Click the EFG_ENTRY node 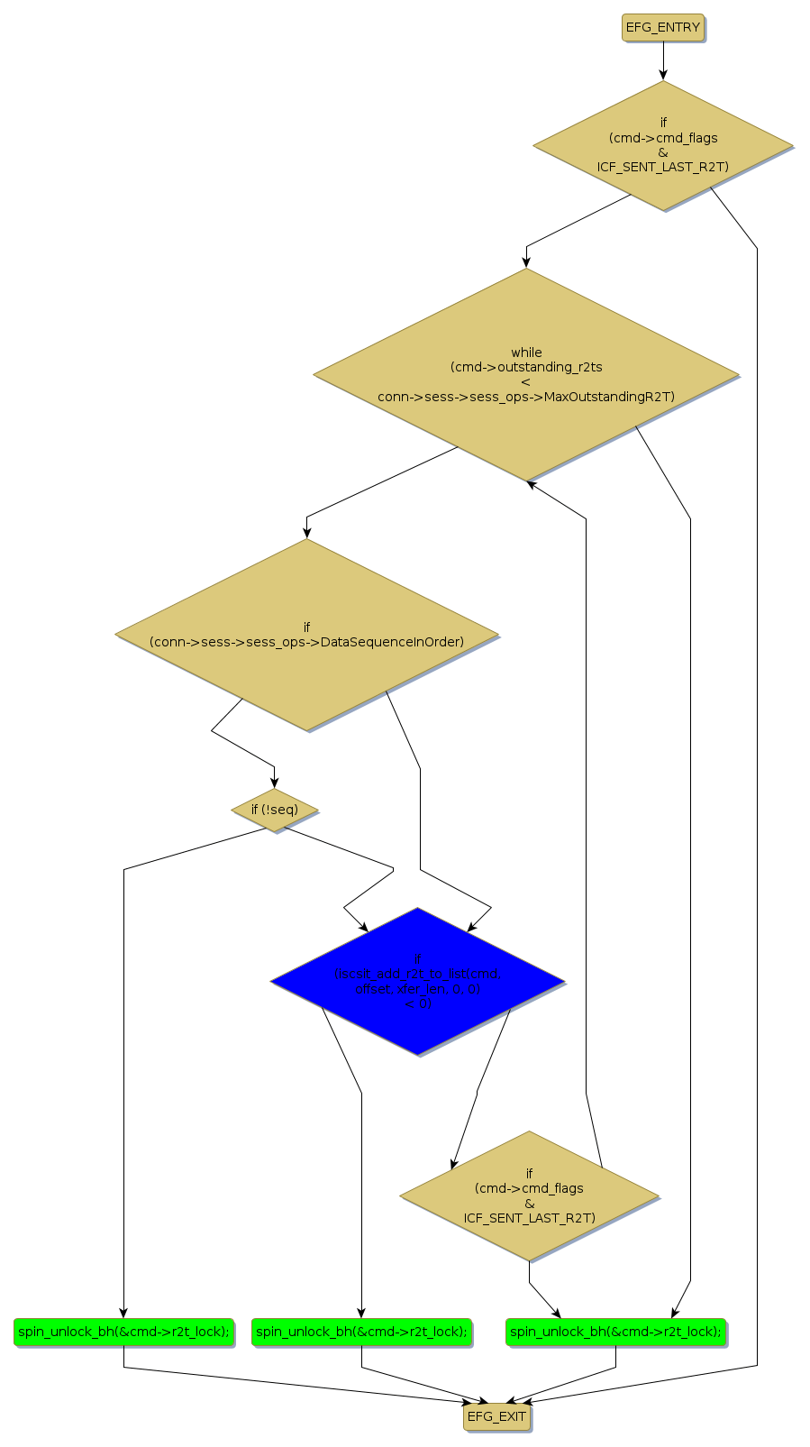662,27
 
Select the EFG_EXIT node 496,1416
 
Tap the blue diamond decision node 417,981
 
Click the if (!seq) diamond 274,810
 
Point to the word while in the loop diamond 526,353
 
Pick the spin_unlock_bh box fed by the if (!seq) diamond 123,1332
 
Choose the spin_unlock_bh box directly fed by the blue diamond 361,1332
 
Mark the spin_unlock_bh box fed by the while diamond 616,1332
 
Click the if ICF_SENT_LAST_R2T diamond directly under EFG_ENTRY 663,146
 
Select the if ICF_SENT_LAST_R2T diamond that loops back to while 529,1196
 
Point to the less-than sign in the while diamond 526,382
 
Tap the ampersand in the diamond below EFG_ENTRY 663,152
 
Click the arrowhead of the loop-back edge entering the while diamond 532,484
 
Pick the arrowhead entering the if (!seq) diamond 274,783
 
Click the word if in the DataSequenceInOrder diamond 306,627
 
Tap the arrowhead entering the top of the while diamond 526,262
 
